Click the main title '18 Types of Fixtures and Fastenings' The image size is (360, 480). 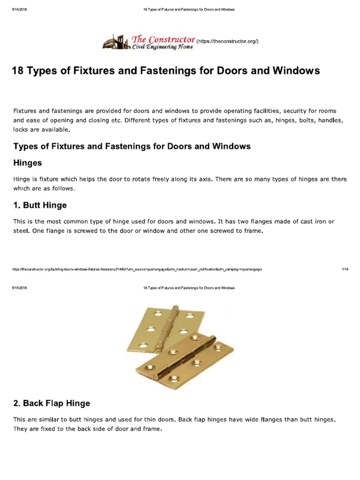tap(165, 71)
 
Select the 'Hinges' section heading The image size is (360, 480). tap(28, 163)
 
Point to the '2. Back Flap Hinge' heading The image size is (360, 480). tap(52, 403)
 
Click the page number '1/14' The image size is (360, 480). tap(345, 270)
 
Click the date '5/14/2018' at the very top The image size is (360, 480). tap(19, 9)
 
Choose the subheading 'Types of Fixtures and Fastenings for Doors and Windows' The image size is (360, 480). tap(132, 146)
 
